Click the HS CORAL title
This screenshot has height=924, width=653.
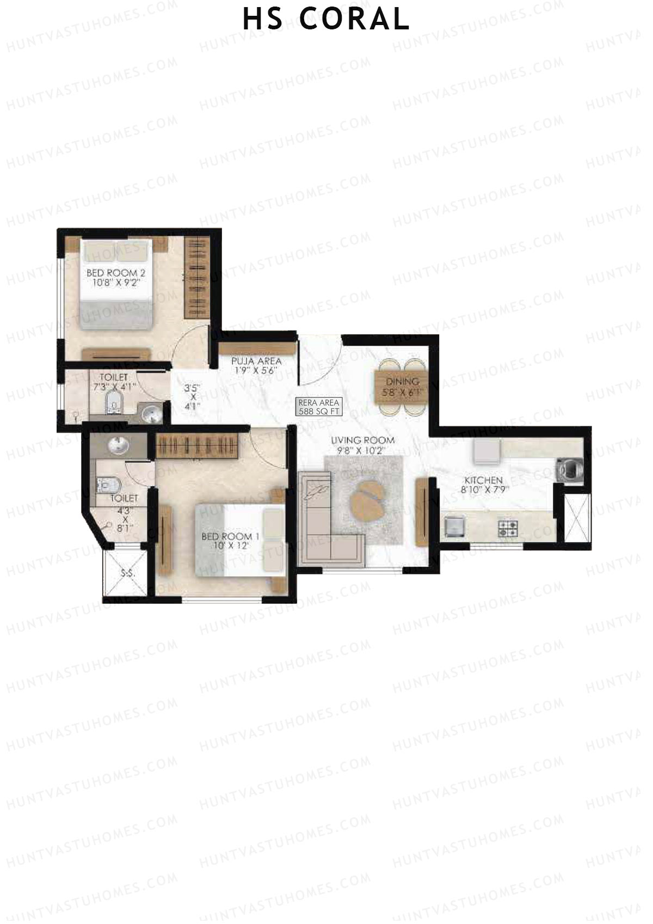click(x=326, y=20)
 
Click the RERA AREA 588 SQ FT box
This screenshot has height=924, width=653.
click(x=319, y=407)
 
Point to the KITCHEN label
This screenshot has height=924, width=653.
click(x=483, y=480)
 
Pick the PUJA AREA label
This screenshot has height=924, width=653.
click(x=256, y=361)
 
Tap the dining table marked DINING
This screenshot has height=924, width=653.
click(x=403, y=387)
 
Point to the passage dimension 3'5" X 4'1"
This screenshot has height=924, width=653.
click(x=192, y=397)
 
